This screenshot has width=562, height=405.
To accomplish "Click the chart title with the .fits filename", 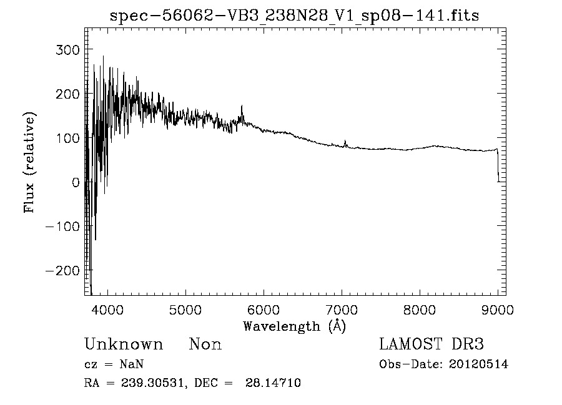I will pos(294,16).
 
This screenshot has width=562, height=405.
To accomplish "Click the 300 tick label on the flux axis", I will pos(67,49).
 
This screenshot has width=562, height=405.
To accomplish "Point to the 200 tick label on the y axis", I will pos(67,94).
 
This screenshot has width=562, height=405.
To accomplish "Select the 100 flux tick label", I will pos(67,138).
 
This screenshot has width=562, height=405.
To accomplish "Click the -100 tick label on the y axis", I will pos(62,227).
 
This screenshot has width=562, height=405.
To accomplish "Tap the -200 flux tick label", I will pos(62,271).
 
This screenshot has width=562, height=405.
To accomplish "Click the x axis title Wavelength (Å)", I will pos(294,326).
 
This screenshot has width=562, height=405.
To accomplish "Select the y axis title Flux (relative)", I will pos(29,162).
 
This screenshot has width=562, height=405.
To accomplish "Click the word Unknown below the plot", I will pos(124,344).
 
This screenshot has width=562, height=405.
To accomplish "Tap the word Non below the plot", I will pos(205,344).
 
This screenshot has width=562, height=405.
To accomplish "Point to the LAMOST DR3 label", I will pos(431,344).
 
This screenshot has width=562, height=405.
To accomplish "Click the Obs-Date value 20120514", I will pos(478,364).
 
